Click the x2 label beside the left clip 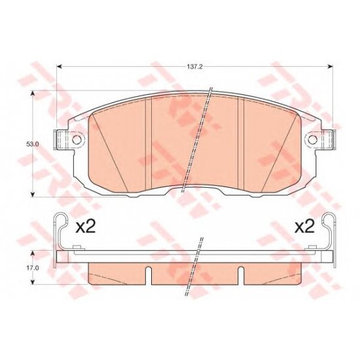86,227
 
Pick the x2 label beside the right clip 304,227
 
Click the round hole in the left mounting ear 77,139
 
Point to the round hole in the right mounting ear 314,139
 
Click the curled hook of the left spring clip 60,219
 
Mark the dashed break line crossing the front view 197,141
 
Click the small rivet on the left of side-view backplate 77,247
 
